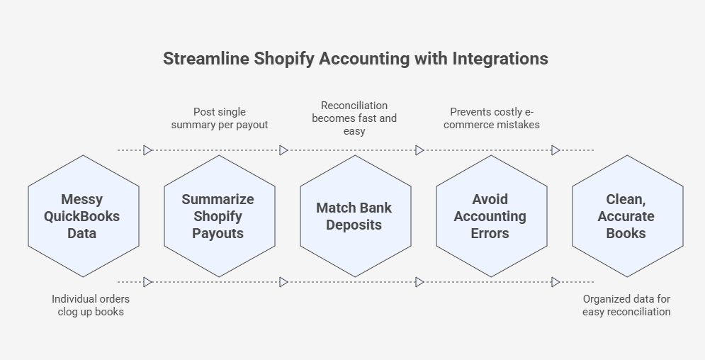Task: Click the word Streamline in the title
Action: (206, 58)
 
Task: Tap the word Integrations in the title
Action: (500, 58)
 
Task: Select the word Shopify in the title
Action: (284, 59)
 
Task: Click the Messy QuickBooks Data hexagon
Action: (84, 216)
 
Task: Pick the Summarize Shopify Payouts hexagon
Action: (220, 216)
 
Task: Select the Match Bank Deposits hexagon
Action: (356, 216)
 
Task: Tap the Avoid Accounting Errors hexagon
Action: (492, 216)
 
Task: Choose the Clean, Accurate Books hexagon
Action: (628, 216)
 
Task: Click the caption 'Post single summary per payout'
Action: (220, 118)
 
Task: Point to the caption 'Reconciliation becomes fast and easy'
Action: (354, 118)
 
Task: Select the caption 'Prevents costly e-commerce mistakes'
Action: (492, 118)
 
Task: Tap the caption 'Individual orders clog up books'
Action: (91, 305)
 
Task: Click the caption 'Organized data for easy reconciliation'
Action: (626, 305)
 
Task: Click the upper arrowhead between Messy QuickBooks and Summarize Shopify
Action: (147, 150)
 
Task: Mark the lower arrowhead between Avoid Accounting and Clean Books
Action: (555, 282)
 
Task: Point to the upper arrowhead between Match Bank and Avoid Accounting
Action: (419, 150)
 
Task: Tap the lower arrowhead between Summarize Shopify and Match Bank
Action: (283, 282)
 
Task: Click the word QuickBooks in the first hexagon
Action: (81, 216)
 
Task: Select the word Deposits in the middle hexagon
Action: (354, 225)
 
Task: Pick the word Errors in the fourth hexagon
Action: (490, 233)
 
